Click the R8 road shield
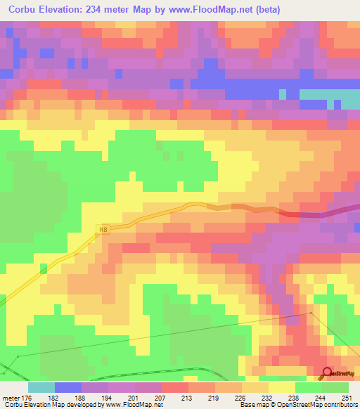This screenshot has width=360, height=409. (x=104, y=228)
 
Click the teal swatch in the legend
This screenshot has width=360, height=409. (x=41, y=387)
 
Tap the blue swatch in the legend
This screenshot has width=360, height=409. (x=68, y=387)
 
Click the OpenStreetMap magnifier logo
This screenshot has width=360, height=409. (x=327, y=375)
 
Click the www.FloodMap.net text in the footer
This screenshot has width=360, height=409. (x=136, y=405)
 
